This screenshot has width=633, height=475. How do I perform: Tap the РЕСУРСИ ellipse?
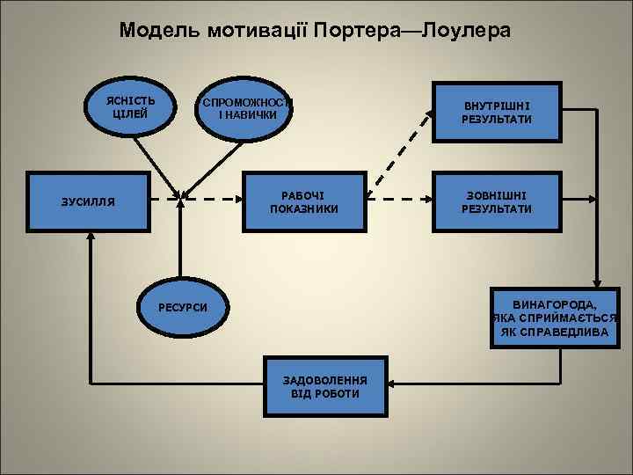coord(183,307)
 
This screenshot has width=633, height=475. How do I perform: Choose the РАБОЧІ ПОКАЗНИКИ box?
coord(304,201)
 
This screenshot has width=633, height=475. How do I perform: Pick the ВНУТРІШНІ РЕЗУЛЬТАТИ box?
coord(497,112)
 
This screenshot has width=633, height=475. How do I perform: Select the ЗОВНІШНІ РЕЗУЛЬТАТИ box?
coord(497,201)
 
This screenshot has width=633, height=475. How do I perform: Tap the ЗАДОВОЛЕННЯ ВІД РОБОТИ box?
coord(325,386)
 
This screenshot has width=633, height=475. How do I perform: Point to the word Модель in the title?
coord(161,32)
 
